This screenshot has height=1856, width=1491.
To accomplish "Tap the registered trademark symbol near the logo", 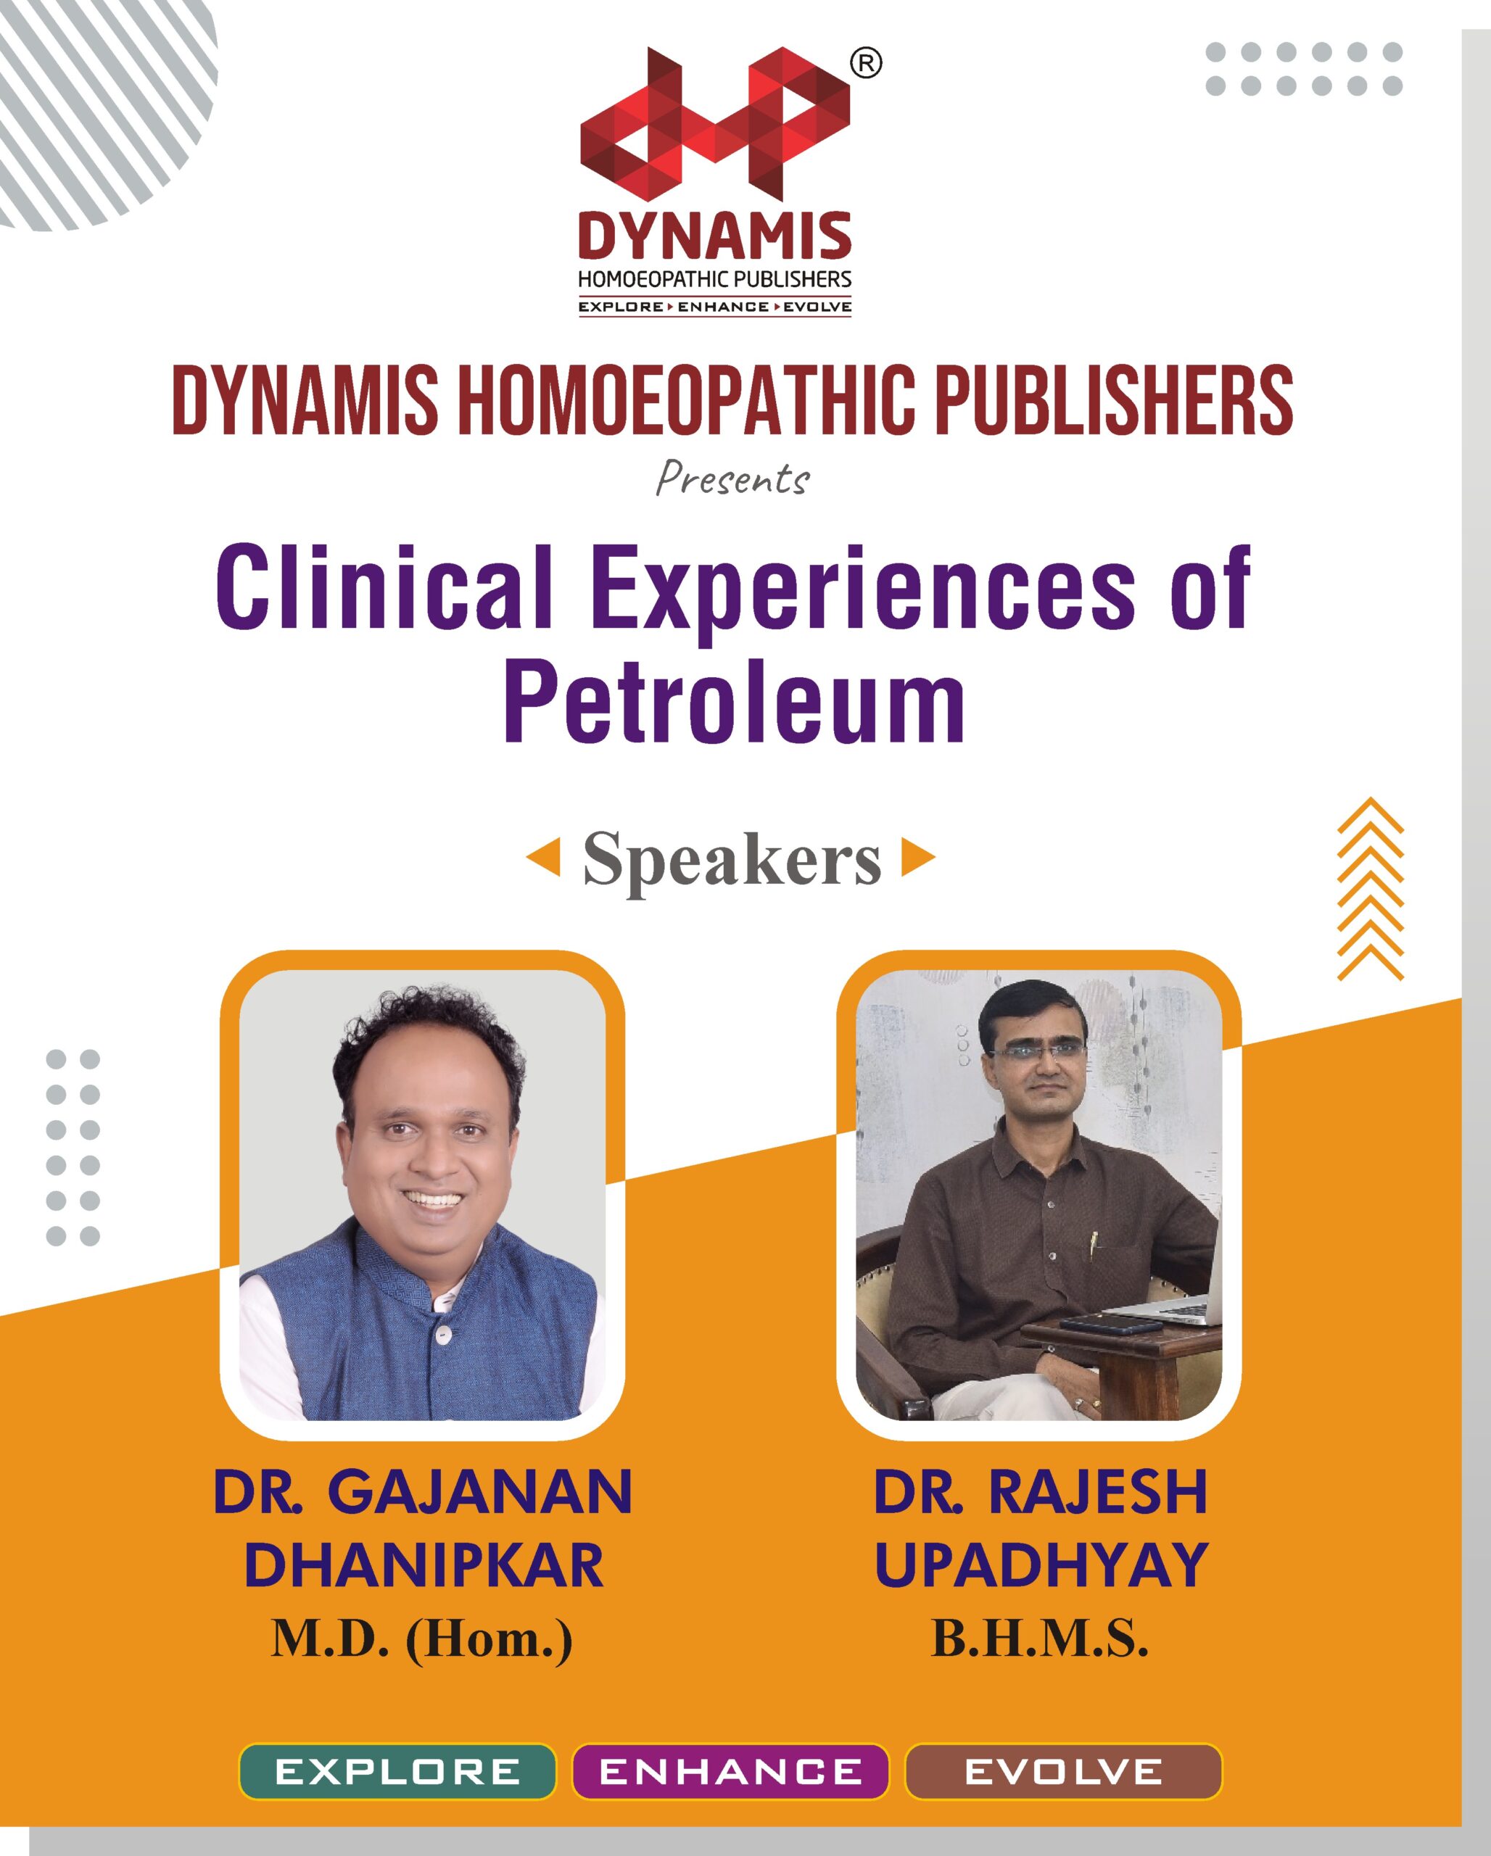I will pyautogui.click(x=865, y=64).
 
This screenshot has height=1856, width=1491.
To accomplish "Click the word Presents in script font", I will pyautogui.click(x=732, y=479).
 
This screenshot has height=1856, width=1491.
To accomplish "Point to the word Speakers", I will pyautogui.click(x=732, y=859).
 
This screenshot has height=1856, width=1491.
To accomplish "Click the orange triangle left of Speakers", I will pyautogui.click(x=544, y=858).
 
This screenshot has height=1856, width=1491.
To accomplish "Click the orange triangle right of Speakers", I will pyautogui.click(x=919, y=858).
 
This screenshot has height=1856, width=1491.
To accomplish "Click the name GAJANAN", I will pyautogui.click(x=480, y=1492).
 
